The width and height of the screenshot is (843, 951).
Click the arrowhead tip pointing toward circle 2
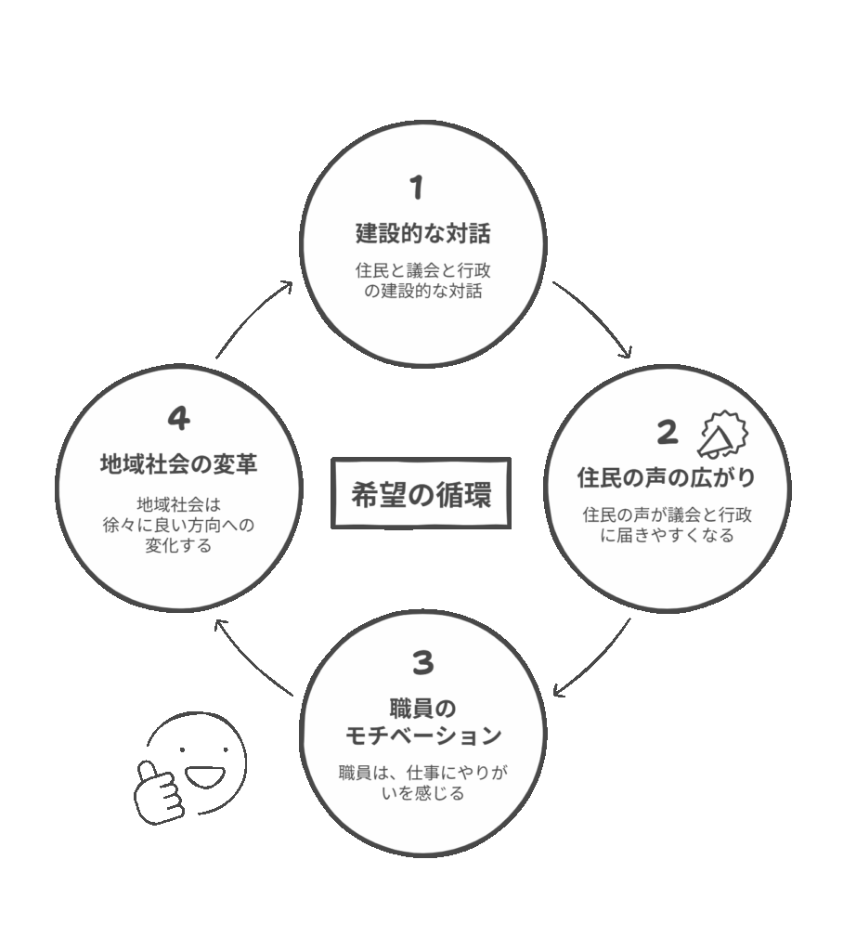point(630,357)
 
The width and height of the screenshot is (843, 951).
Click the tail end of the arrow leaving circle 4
point(216,358)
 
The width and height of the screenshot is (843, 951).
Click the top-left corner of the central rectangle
point(331,459)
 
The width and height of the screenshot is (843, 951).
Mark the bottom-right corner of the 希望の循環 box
point(510,528)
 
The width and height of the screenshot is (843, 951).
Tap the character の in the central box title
point(421,494)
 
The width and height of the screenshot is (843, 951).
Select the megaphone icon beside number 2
point(723,436)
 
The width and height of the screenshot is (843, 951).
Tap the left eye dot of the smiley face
point(182,750)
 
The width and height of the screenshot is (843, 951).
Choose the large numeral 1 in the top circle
point(416,188)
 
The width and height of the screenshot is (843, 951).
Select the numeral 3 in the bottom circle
point(422,662)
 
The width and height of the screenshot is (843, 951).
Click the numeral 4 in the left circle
point(179,418)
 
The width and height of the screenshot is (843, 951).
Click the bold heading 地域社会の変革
point(179,464)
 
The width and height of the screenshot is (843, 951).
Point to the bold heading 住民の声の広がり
point(666,477)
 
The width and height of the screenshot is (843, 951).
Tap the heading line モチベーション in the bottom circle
point(423,736)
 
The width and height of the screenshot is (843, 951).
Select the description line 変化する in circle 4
point(178,545)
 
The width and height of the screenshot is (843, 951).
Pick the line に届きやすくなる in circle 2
point(668,535)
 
